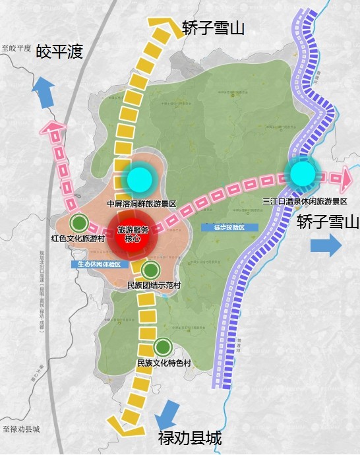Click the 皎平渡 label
pyautogui.click(x=59, y=51)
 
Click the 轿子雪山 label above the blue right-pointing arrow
pyautogui.click(x=327, y=222)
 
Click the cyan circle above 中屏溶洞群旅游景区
pyautogui.click(x=139, y=178)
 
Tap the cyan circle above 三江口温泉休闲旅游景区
pyautogui.click(x=303, y=174)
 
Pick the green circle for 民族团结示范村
pyautogui.click(x=151, y=269)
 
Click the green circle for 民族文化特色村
pyautogui.click(x=163, y=346)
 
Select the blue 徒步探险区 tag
pyautogui.click(x=229, y=228)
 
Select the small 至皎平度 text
pyautogui.click(x=16, y=49)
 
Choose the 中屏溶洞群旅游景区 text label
pyautogui.click(x=146, y=204)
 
